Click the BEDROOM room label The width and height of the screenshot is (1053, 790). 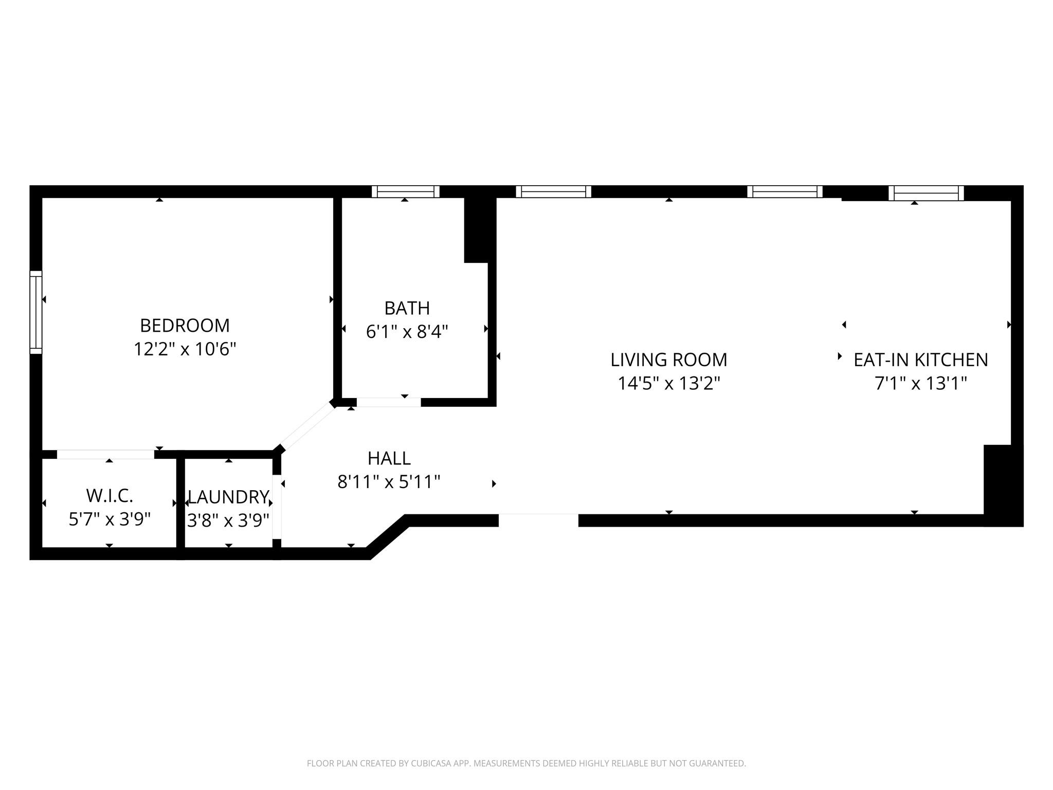click(185, 326)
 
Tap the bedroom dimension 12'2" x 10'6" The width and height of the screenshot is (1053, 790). click(185, 350)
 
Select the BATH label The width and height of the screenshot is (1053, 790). click(407, 308)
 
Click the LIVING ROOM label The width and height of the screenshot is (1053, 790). click(668, 360)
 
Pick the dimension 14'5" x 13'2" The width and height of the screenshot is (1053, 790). click(668, 384)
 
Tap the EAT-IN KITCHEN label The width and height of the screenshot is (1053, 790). click(920, 360)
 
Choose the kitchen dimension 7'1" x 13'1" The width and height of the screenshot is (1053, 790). click(920, 384)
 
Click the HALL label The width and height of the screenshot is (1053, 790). click(389, 458)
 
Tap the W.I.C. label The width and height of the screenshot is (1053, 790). click(110, 496)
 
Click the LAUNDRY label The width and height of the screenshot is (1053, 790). click(228, 497)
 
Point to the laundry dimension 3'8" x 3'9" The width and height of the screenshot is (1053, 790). click(228, 521)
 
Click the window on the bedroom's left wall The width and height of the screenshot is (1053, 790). click(35, 312)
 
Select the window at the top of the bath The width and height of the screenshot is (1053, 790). click(406, 191)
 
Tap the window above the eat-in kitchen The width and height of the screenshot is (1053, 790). click(925, 193)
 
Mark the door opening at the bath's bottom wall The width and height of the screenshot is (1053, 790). click(389, 402)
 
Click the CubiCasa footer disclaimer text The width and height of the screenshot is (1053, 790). click(526, 763)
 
